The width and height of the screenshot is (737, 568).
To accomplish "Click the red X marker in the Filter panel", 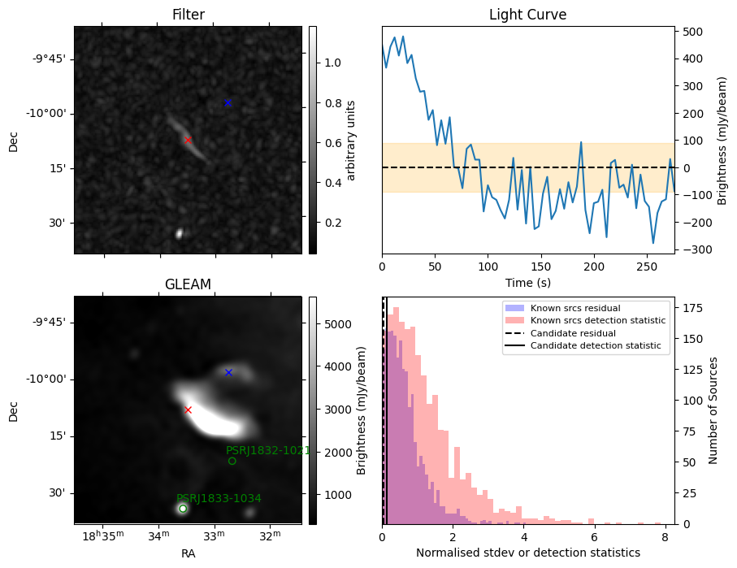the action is click(188, 140).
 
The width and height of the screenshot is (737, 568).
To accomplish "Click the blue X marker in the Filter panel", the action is click(228, 102).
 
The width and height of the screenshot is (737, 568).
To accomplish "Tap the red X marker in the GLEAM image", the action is click(188, 410).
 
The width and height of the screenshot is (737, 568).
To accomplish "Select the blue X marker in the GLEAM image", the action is click(228, 372).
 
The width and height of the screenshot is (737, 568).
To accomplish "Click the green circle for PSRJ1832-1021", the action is click(232, 461).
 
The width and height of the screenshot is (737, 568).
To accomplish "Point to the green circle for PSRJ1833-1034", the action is click(183, 509).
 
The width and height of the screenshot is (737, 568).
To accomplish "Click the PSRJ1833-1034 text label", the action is click(219, 498).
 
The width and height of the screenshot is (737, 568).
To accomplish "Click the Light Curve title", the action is click(528, 15).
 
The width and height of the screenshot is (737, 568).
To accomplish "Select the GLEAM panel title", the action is click(188, 284).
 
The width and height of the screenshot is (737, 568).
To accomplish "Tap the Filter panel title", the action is click(189, 15).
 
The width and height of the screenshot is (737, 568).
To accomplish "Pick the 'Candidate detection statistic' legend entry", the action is click(583, 345).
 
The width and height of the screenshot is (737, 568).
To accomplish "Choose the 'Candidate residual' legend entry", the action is click(561, 333).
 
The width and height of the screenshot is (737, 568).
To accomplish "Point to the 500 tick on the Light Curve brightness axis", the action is click(693, 32).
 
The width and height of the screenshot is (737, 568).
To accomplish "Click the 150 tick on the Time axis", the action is click(541, 267).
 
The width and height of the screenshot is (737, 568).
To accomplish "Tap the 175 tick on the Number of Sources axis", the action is click(693, 308).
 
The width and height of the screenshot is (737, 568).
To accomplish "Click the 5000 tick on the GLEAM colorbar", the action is click(338, 324).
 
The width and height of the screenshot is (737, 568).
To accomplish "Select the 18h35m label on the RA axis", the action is click(103, 535).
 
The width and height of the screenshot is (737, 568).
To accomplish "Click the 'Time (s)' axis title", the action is click(528, 283).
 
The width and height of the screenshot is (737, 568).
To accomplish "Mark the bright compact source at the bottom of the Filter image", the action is click(179, 233).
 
